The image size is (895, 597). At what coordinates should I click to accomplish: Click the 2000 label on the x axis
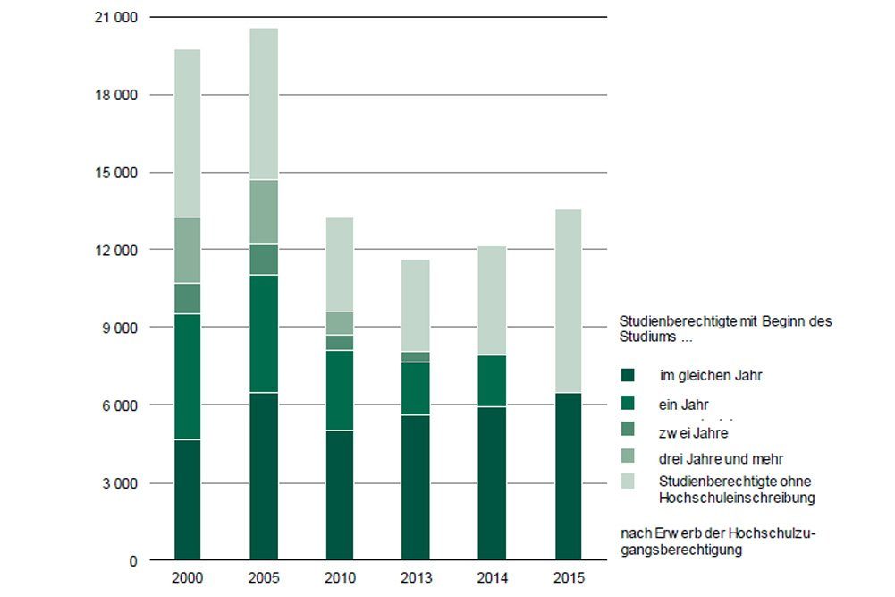[188, 578]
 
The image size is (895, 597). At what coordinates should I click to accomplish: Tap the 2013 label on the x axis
[416, 578]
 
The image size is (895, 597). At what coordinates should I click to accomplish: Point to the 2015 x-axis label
[568, 578]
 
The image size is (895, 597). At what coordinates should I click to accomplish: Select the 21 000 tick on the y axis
[116, 17]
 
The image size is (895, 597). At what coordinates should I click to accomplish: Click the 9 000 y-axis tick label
[120, 328]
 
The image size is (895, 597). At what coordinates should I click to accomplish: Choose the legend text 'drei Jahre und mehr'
[721, 459]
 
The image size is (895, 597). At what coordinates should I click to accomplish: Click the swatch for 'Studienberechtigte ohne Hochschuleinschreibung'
[628, 482]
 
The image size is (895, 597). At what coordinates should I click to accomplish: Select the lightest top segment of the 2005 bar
[264, 104]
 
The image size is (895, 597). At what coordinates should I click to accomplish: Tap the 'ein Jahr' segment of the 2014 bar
[492, 381]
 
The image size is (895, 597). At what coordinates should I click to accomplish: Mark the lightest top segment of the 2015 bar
[568, 301]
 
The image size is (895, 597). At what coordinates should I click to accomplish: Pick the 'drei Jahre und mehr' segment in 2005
[264, 212]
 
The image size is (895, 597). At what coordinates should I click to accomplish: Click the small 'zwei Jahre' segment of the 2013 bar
[416, 357]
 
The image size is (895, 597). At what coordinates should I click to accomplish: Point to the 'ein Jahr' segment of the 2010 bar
[340, 390]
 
